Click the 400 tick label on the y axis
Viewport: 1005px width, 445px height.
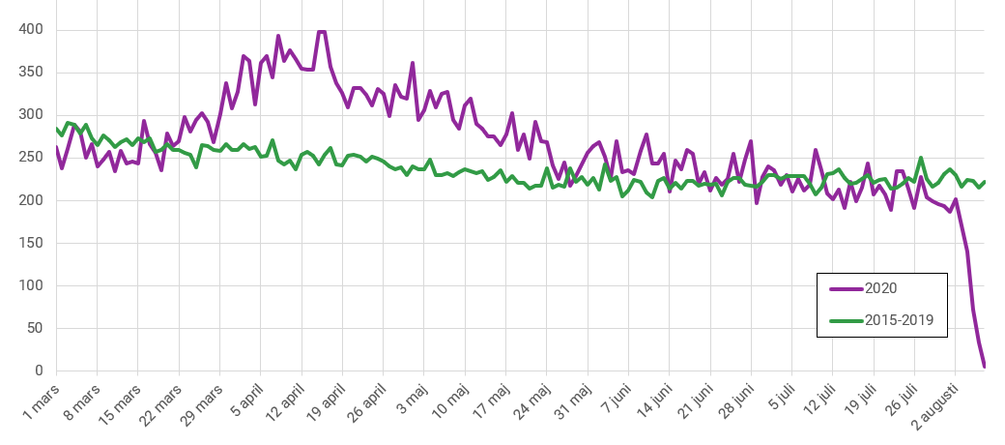point(31,30)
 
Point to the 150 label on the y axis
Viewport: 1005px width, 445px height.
point(31,243)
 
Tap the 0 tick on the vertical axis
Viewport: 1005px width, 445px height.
point(40,371)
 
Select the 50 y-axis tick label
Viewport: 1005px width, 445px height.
point(35,328)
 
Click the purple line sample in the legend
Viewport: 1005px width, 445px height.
point(847,286)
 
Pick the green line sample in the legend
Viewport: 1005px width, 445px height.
point(847,319)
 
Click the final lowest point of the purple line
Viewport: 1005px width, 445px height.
point(985,367)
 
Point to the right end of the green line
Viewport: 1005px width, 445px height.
point(985,181)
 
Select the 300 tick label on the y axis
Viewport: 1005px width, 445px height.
point(31,115)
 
